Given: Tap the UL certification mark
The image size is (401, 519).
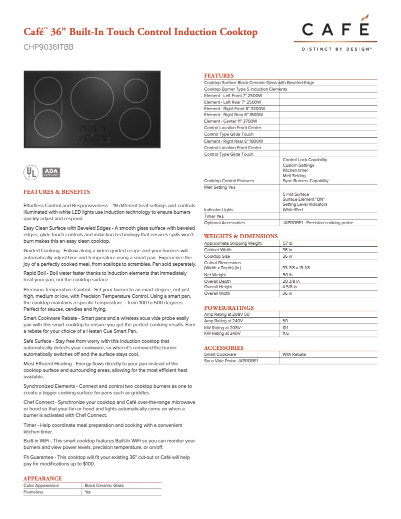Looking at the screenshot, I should pyautogui.click(x=31, y=172).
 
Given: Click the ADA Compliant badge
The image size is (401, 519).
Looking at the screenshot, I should pyautogui.click(x=51, y=172).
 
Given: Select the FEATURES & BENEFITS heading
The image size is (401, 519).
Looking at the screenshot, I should pyautogui.click(x=56, y=192).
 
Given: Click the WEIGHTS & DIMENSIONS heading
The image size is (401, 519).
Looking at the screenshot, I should pyautogui.click(x=240, y=236).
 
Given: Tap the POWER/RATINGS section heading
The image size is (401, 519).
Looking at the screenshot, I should pyautogui.click(x=228, y=308).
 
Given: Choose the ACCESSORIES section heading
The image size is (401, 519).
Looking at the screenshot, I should pyautogui.click(x=223, y=348).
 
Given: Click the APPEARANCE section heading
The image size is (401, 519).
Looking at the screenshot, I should pyautogui.click(x=42, y=479).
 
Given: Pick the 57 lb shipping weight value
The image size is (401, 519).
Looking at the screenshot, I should pyautogui.click(x=287, y=243).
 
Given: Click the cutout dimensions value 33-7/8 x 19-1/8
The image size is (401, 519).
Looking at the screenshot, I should pyautogui.click(x=296, y=268).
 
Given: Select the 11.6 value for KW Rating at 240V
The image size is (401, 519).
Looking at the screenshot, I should pyautogui.click(x=285, y=333).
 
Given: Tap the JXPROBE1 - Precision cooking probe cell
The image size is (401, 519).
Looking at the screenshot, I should pyautogui.click(x=317, y=223).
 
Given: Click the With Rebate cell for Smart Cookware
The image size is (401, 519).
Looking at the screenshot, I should pyautogui.click(x=294, y=354).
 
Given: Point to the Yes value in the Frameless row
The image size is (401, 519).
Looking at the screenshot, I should pyautogui.click(x=88, y=492).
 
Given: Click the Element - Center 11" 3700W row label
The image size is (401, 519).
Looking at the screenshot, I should pyautogui.click(x=230, y=121).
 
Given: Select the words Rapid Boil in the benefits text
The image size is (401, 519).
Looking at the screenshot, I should pyautogui.click(x=35, y=273).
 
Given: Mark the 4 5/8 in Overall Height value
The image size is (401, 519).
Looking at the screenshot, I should pyautogui.click(x=290, y=287).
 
